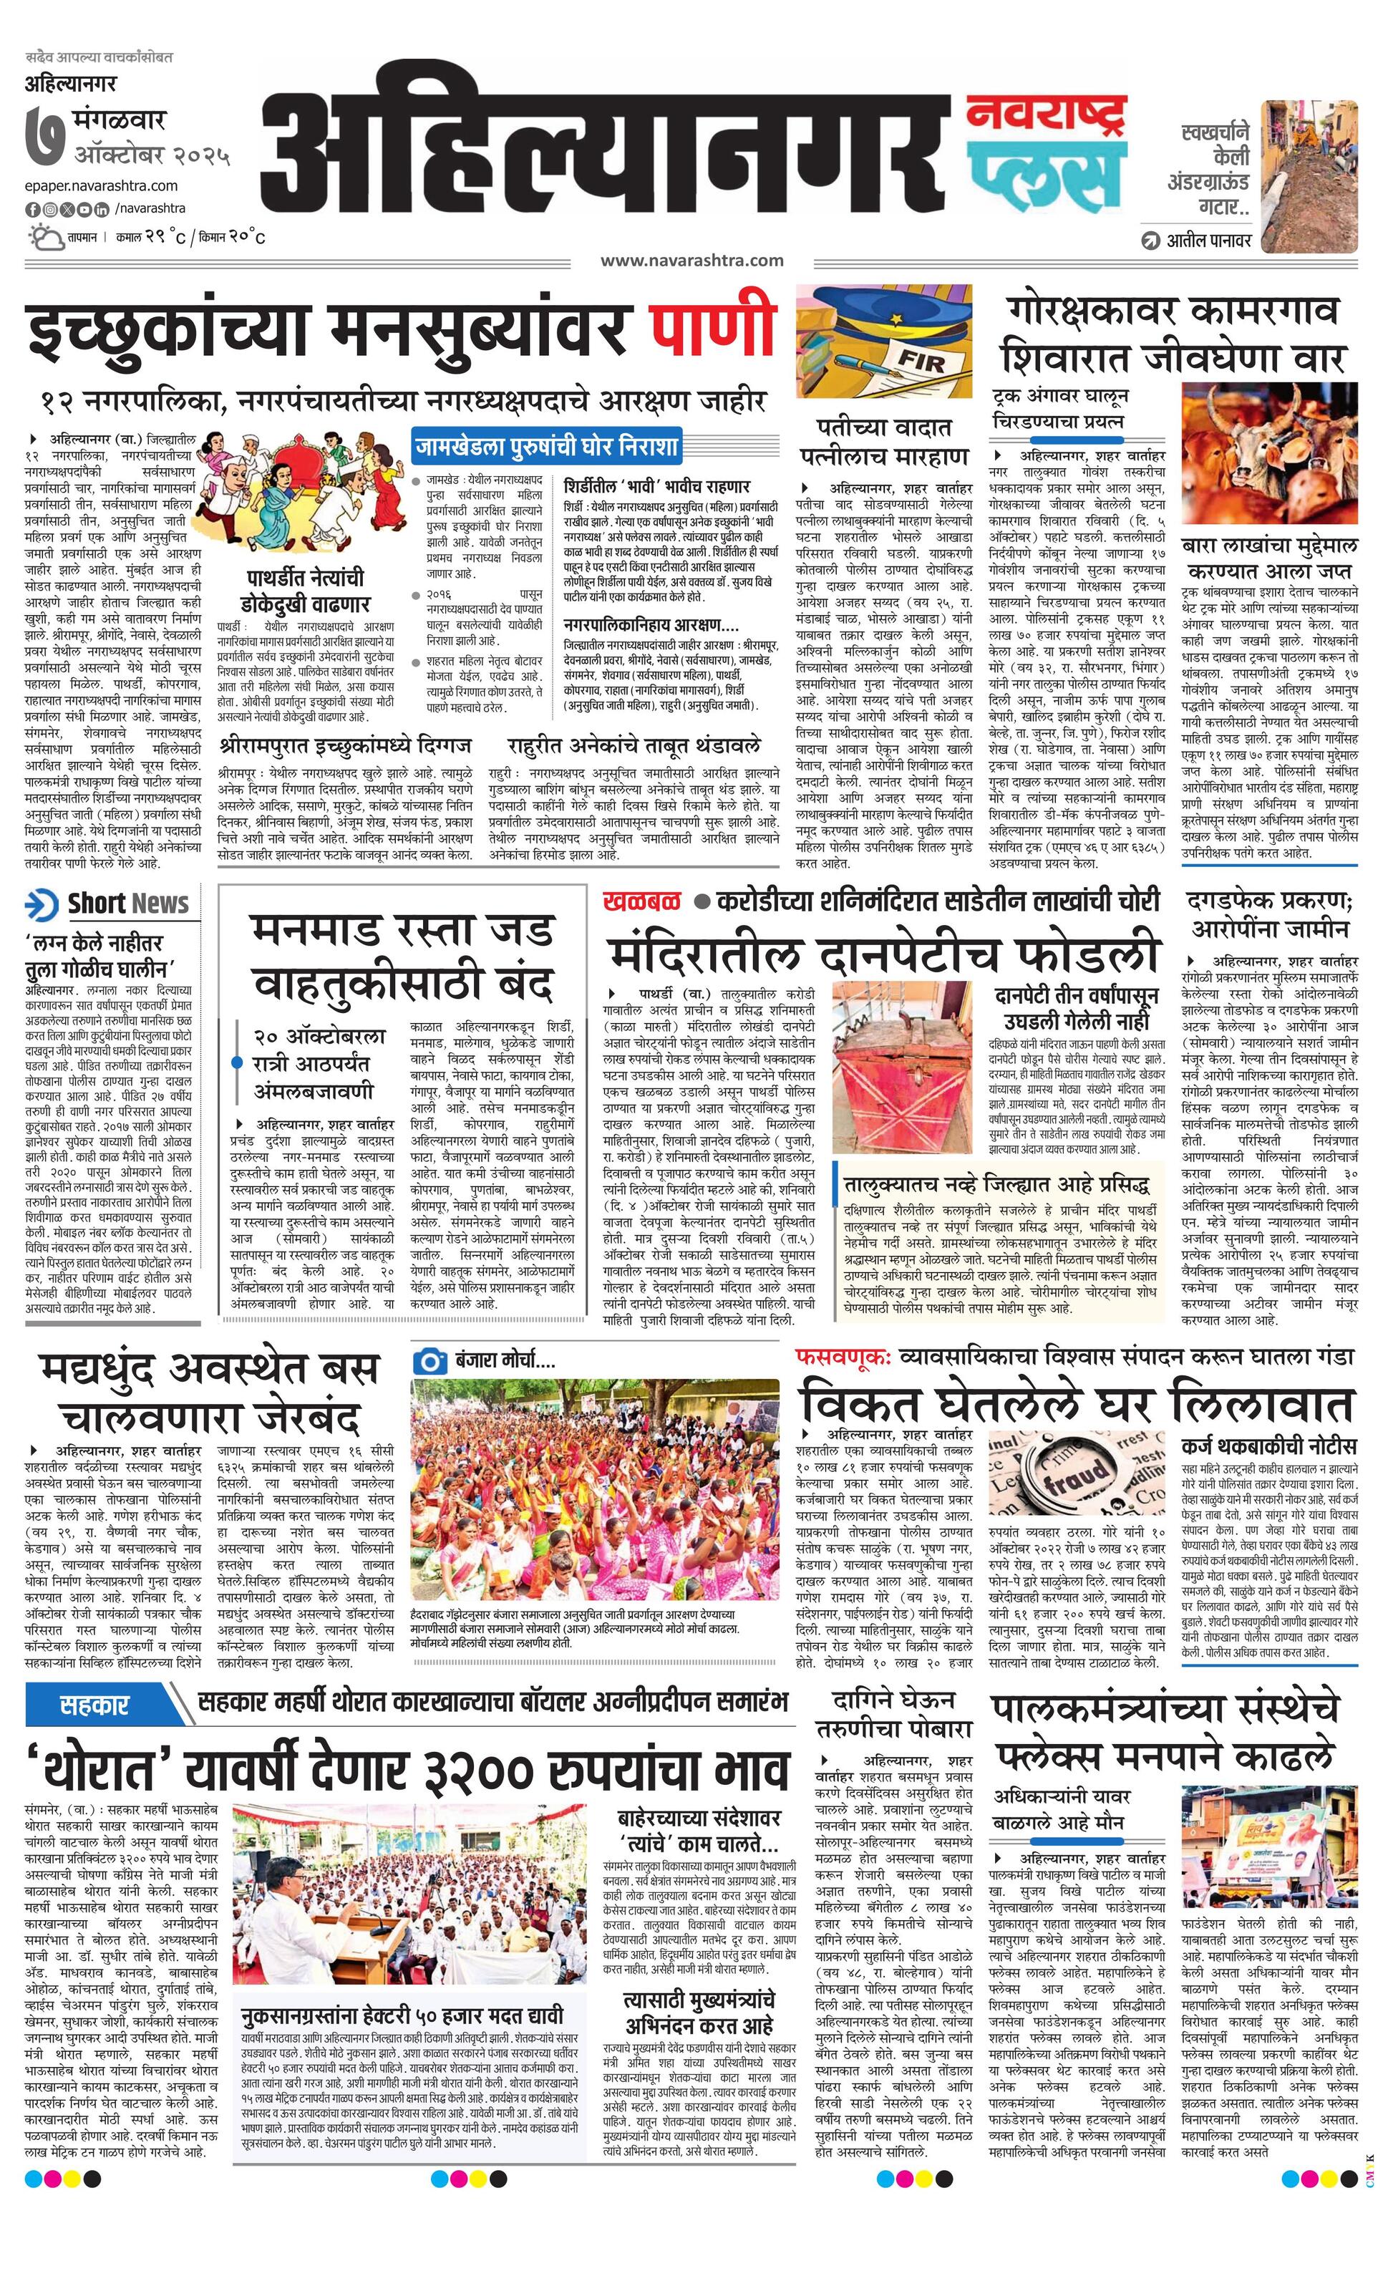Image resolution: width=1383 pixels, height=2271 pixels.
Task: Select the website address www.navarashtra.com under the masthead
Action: (692, 261)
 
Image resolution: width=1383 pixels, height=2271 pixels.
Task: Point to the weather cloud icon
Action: (42, 238)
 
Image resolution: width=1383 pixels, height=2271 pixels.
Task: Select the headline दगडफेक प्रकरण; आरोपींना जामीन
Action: (1270, 914)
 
